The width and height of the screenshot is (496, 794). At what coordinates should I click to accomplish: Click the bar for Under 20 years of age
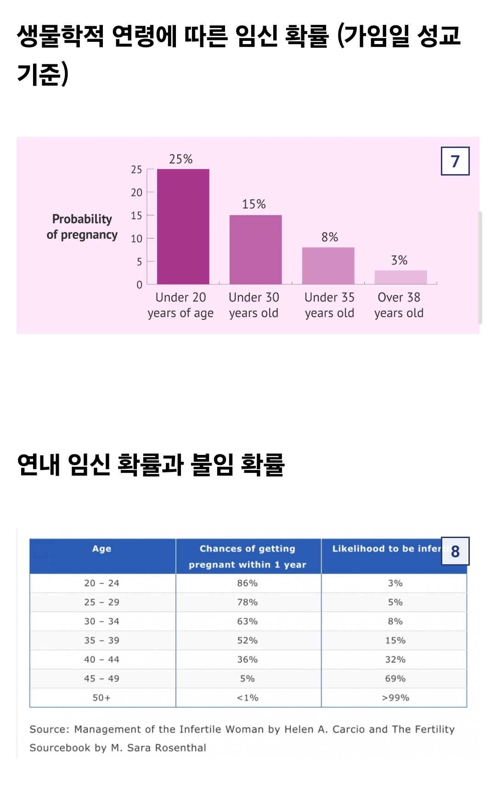pyautogui.click(x=183, y=227)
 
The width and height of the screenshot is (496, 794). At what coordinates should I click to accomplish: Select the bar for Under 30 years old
pyautogui.click(x=255, y=250)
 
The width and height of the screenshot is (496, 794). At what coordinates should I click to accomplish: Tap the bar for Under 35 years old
pyautogui.click(x=328, y=266)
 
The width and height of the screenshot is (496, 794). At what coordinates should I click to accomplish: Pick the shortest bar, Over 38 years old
pyautogui.click(x=400, y=277)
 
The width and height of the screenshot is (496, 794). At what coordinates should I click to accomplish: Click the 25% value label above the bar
pyautogui.click(x=180, y=159)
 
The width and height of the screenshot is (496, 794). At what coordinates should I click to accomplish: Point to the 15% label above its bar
pyautogui.click(x=254, y=204)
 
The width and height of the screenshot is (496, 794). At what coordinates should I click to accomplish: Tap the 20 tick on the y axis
pyautogui.click(x=136, y=193)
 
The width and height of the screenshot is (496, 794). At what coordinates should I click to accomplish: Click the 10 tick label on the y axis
pyautogui.click(x=136, y=238)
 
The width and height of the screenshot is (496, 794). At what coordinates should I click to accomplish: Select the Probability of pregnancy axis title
pyautogui.click(x=82, y=227)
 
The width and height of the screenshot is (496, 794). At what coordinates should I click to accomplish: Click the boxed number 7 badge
pyautogui.click(x=455, y=161)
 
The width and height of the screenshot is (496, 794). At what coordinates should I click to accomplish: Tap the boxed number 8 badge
pyautogui.click(x=455, y=551)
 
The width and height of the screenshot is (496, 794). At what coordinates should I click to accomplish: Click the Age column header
pyautogui.click(x=101, y=549)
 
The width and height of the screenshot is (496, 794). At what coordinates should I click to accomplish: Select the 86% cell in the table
pyautogui.click(x=247, y=583)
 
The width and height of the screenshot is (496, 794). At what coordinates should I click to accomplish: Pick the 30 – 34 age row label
pyautogui.click(x=101, y=621)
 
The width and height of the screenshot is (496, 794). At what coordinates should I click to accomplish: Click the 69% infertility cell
pyautogui.click(x=395, y=679)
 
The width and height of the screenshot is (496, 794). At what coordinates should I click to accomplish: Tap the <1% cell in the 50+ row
pyautogui.click(x=247, y=698)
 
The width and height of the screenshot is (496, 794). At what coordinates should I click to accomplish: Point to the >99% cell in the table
pyautogui.click(x=395, y=698)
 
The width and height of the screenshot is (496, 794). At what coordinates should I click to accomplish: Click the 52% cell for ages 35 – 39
pyautogui.click(x=247, y=641)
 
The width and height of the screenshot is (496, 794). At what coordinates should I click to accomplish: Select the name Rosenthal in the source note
pyautogui.click(x=180, y=748)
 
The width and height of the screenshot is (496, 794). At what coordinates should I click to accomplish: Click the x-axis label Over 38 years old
pyautogui.click(x=399, y=305)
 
